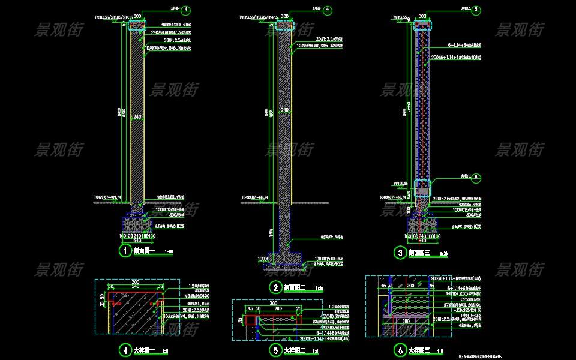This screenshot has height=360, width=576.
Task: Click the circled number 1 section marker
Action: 126,251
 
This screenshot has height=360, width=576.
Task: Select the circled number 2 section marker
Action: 275,287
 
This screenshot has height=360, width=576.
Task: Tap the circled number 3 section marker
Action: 400,253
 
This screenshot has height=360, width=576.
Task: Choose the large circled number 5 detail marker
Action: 275,350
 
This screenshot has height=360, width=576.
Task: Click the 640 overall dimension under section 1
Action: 137,241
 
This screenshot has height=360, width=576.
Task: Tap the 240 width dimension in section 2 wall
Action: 285,110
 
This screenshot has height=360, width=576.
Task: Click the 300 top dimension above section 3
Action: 422,17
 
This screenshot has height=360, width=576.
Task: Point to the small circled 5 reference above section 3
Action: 476,10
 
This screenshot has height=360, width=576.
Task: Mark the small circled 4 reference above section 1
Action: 187,10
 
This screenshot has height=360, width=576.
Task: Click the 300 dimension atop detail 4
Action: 135,281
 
